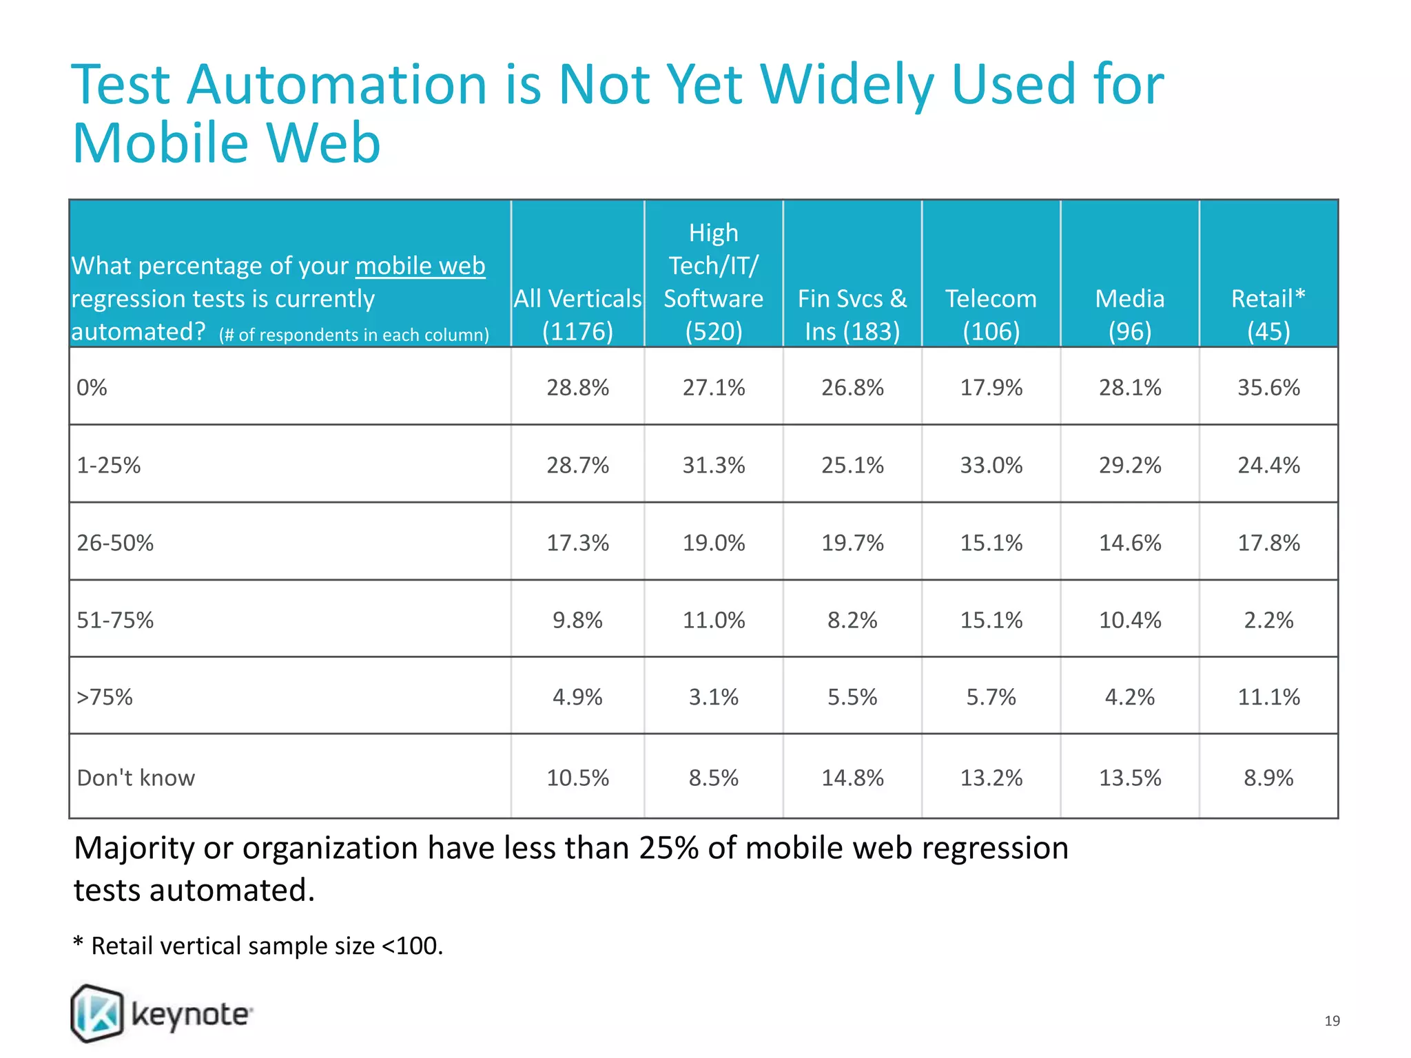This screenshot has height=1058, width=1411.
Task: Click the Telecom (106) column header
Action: pos(991,315)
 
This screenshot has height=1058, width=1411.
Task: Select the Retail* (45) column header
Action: pos(1268,315)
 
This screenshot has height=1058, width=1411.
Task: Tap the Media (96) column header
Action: pos(1130,315)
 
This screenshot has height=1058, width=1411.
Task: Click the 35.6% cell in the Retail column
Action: pos(1268,388)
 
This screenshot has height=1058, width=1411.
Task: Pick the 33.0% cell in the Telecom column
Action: pos(991,466)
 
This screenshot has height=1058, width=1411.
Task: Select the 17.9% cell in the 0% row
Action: pos(991,388)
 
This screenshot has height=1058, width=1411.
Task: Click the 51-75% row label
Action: pos(115,620)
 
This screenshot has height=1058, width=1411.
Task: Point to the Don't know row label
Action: pos(136,778)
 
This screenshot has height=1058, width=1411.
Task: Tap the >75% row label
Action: pos(105,697)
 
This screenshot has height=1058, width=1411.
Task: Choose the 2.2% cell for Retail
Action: pos(1268,620)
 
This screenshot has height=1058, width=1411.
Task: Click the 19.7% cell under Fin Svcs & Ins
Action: pos(852,543)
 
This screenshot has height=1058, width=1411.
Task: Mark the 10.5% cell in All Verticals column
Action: pos(577,778)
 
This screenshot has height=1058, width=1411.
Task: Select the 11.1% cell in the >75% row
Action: pos(1268,697)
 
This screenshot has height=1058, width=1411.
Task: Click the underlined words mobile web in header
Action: pos(420,266)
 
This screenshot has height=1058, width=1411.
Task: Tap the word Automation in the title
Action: pos(338,85)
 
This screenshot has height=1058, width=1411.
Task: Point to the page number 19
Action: pos(1332,1021)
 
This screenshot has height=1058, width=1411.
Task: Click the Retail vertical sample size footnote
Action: pos(258,946)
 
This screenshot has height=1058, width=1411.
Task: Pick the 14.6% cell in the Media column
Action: pos(1130,543)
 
